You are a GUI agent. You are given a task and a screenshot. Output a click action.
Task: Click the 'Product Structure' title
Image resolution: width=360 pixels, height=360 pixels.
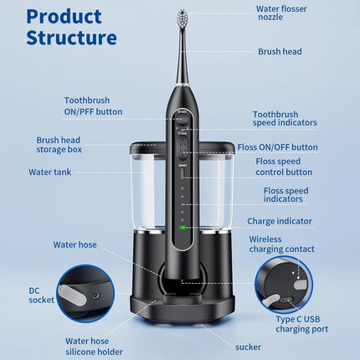tap(71, 27)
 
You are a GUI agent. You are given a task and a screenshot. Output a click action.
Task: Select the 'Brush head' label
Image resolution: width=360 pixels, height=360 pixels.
tap(280, 51)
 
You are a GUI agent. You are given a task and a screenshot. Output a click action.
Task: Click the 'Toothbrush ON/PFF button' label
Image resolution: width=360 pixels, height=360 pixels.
tap(93, 105)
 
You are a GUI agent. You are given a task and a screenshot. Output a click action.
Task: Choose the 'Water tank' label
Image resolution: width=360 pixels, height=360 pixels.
tap(53, 172)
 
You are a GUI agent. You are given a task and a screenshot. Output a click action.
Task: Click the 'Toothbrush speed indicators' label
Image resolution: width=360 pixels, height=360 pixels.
tap(285, 118)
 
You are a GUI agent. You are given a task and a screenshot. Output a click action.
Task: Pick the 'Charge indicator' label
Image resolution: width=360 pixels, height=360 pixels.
tap(279, 221)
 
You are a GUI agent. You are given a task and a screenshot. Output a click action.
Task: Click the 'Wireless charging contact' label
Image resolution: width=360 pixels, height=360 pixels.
tap(282, 244)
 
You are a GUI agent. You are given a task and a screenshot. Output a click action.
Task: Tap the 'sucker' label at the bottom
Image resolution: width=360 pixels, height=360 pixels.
tap(248, 346)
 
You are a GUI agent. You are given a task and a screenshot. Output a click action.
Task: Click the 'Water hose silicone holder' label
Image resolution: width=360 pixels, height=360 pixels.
tap(98, 346)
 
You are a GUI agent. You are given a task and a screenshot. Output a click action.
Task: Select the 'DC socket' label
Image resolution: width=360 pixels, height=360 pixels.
tap(41, 294)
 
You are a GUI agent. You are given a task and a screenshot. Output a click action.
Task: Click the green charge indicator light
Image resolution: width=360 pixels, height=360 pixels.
tap(181, 227)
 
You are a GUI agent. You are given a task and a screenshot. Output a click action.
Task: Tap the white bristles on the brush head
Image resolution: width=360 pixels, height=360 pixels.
tap(183, 17)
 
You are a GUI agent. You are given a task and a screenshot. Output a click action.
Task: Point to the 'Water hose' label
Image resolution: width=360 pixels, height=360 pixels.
tap(75, 244)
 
